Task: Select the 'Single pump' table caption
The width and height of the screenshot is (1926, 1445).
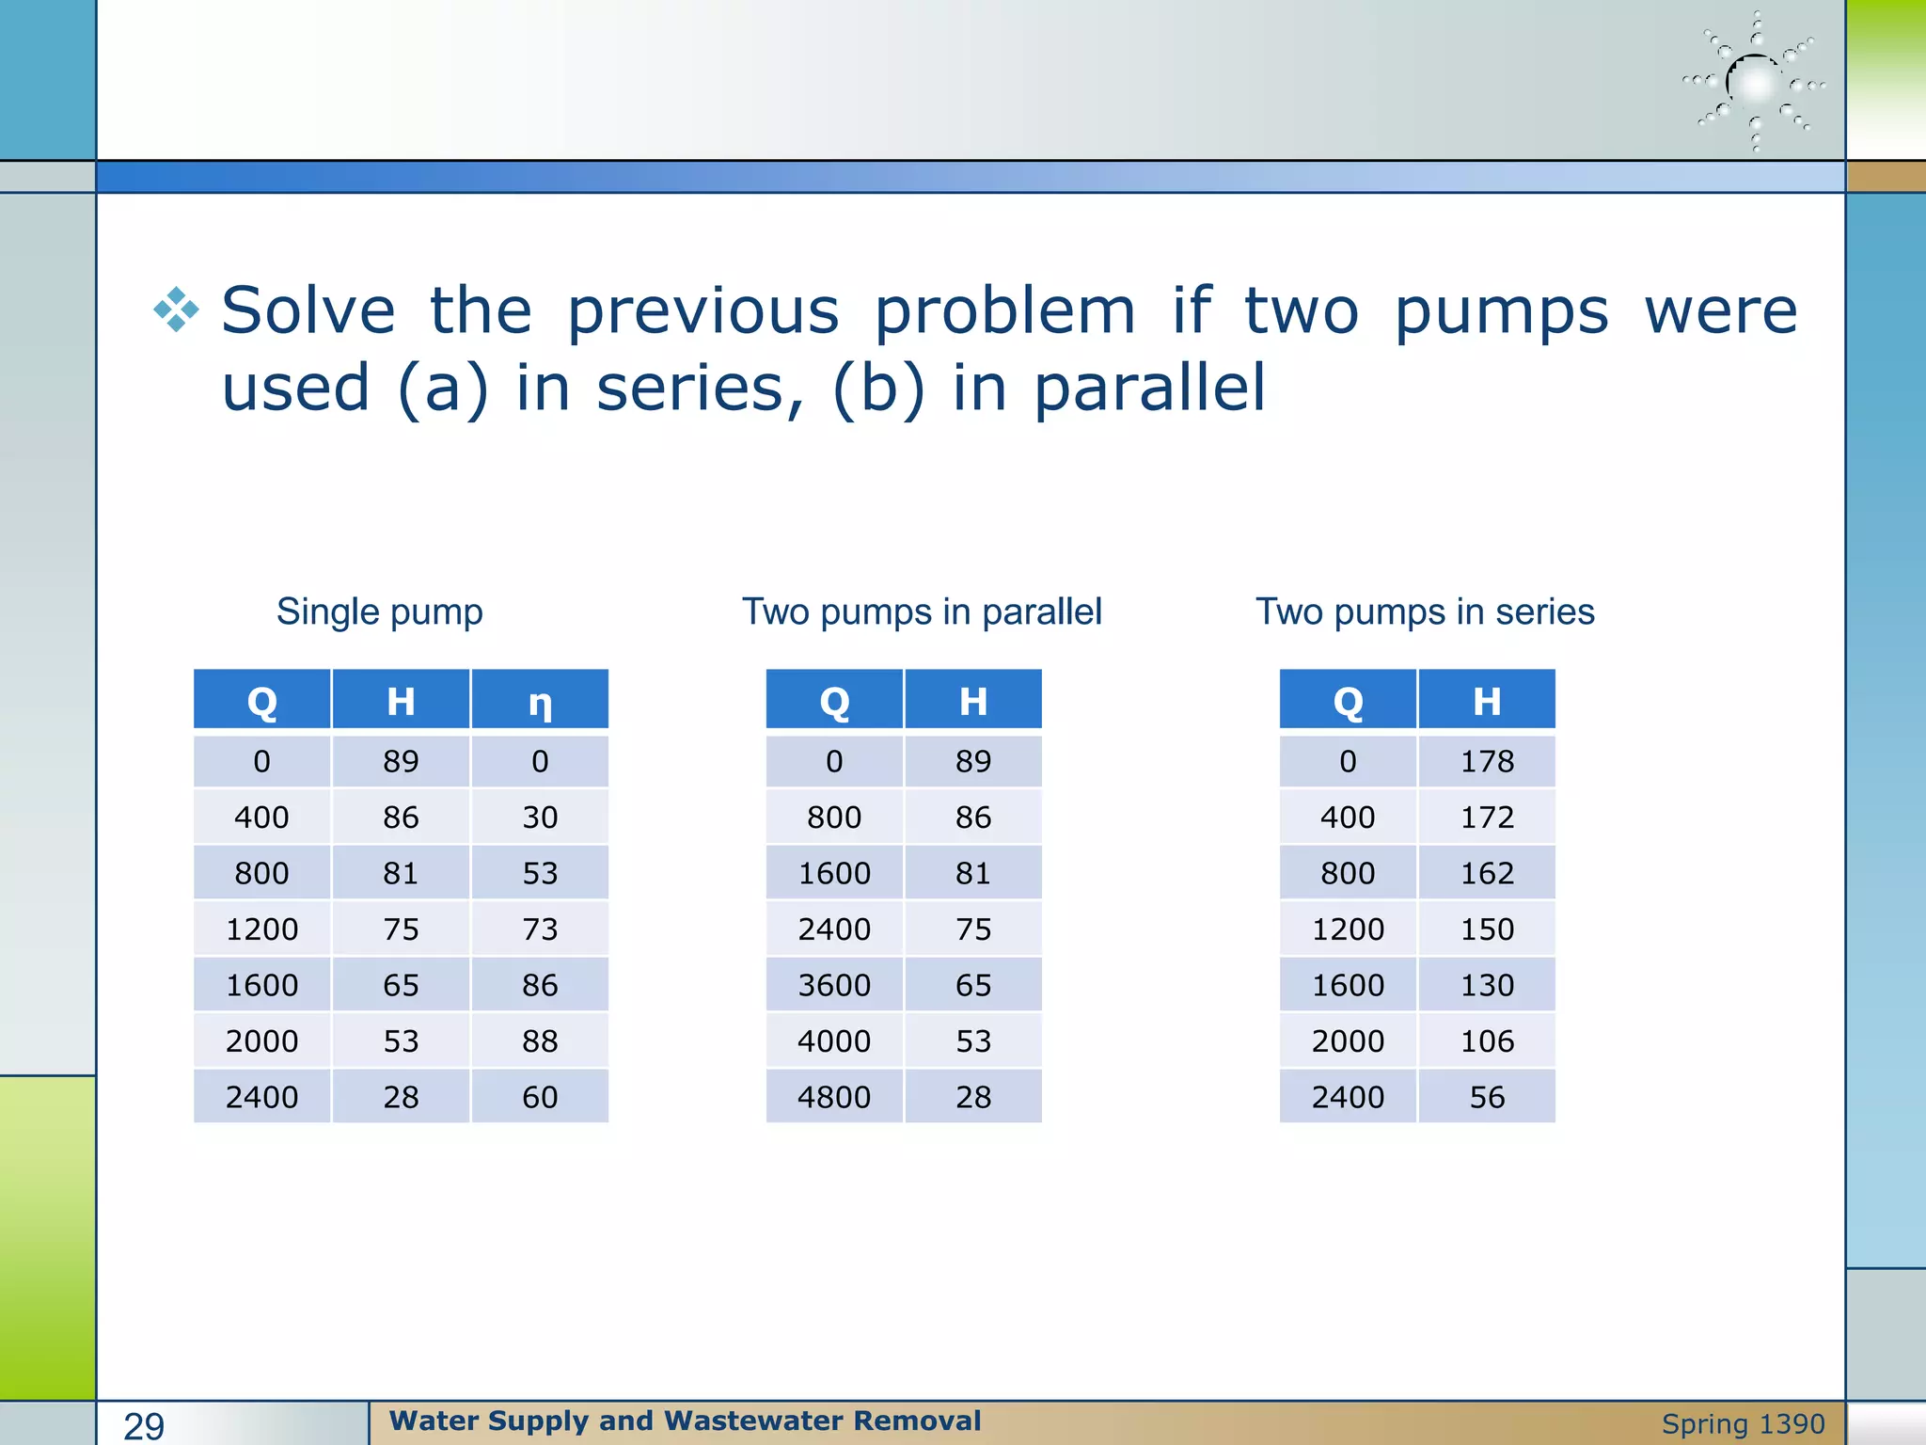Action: coord(379,611)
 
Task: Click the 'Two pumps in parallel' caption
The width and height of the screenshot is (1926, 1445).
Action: coord(922,611)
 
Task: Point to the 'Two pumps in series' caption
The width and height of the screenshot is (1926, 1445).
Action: coord(1425,611)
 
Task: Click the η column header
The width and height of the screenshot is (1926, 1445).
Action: coord(540,701)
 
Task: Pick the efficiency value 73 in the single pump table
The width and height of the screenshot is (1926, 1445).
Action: coord(540,929)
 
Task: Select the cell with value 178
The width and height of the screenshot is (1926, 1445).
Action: coord(1487,761)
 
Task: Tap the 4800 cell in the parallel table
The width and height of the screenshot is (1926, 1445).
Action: coord(834,1097)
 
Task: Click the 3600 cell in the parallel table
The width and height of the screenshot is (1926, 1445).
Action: coord(834,985)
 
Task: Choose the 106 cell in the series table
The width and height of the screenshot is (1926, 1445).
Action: coord(1487,1041)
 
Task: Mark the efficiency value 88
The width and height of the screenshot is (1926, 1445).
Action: coord(540,1041)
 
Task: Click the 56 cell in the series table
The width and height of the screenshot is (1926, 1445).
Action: coord(1487,1097)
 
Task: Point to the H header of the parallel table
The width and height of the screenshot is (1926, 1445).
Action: coord(973,701)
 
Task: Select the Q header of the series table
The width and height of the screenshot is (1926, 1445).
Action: coord(1348,701)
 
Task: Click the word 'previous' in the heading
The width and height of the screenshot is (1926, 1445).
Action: coord(703,311)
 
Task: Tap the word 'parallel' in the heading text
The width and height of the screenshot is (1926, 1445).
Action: coord(1149,389)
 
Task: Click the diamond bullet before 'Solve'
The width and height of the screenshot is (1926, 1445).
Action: coord(177,310)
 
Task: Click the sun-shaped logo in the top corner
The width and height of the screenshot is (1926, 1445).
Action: coord(1755,83)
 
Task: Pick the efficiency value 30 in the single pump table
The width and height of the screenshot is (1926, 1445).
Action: coord(540,818)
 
